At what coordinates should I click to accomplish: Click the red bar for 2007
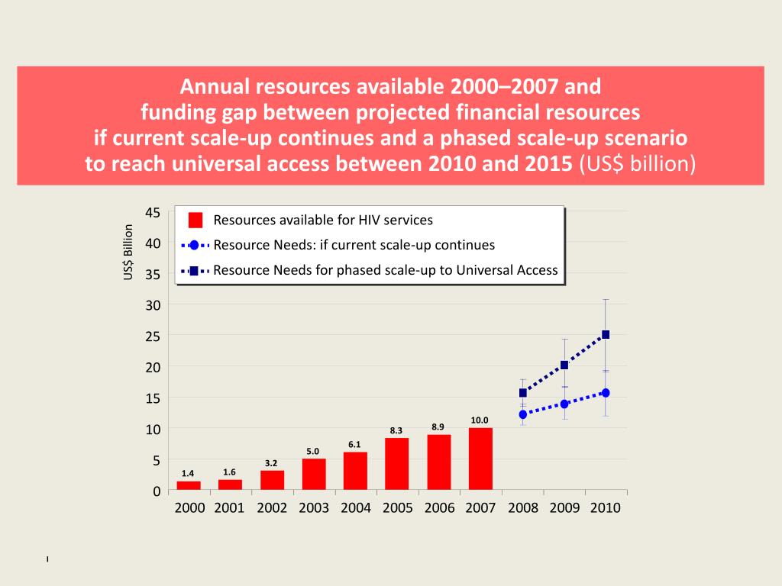[x=480, y=459]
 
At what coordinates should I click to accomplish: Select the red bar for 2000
[x=189, y=485]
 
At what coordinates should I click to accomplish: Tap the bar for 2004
[x=355, y=471]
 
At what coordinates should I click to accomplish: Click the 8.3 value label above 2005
[x=396, y=431]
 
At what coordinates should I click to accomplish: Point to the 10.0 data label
[x=480, y=420]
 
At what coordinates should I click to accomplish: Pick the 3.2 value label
[x=271, y=463]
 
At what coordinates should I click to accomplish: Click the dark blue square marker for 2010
[x=606, y=334]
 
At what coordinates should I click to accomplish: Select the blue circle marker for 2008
[x=522, y=415]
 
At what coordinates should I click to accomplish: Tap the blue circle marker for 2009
[x=564, y=404]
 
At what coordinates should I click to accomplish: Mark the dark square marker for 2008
[x=522, y=393]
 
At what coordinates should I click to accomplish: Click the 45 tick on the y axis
[x=153, y=212]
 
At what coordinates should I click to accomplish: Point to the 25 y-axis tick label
[x=153, y=336]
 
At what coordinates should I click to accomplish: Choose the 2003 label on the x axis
[x=314, y=508]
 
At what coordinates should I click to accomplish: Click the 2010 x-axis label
[x=606, y=508]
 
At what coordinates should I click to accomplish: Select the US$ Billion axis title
[x=128, y=251]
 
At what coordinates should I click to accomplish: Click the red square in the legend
[x=195, y=221]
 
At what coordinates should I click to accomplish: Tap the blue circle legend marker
[x=194, y=246]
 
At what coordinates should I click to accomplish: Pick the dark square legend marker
[x=194, y=270]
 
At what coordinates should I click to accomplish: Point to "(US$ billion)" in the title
[x=638, y=164]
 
